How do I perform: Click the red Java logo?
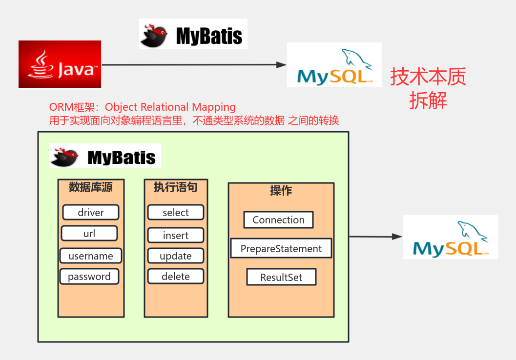click(x=60, y=64)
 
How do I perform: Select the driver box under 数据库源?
click(x=91, y=212)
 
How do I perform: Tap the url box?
click(x=89, y=234)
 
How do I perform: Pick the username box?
click(x=91, y=256)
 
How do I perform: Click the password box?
click(x=89, y=277)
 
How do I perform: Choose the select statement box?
click(x=176, y=212)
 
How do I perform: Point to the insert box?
click(x=176, y=235)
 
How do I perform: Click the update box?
click(x=176, y=256)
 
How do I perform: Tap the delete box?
click(x=176, y=277)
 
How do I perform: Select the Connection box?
click(x=278, y=220)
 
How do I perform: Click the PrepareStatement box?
click(x=281, y=248)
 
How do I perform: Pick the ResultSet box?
click(x=281, y=277)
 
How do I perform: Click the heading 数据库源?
click(x=91, y=187)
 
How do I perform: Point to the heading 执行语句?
click(x=176, y=187)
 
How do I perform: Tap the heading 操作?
click(x=281, y=190)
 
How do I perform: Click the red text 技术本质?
click(x=428, y=77)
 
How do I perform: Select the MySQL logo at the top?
click(x=334, y=65)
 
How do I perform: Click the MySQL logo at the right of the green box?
click(x=450, y=237)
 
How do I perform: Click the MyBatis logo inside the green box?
click(x=105, y=156)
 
